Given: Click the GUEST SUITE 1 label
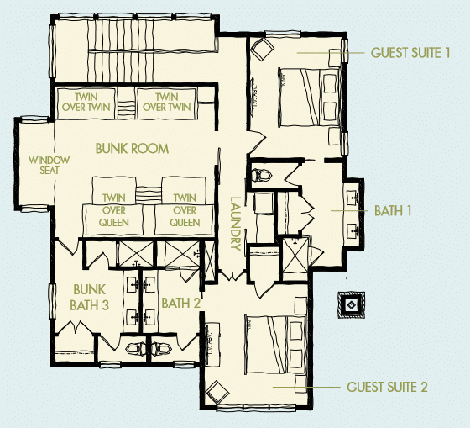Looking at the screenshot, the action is (x=410, y=53).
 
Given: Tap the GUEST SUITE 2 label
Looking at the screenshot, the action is (x=387, y=387).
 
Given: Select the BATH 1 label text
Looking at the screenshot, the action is (x=393, y=210).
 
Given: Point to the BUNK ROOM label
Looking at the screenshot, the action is (x=132, y=148).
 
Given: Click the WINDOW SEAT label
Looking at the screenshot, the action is (x=50, y=165).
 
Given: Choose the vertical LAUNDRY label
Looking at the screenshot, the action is (x=236, y=224).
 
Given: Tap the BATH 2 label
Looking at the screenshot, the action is (x=180, y=303).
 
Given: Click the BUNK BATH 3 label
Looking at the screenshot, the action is (x=89, y=298).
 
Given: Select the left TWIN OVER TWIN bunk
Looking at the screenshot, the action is (x=86, y=103).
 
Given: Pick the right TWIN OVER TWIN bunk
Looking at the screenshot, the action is (x=167, y=103).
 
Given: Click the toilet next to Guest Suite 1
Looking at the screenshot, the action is (x=261, y=175).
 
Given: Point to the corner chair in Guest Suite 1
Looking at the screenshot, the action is (x=262, y=49).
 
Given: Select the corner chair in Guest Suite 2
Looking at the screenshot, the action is (x=217, y=394).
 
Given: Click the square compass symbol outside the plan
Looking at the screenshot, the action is (x=351, y=305).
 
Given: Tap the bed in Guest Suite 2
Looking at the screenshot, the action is (x=275, y=345).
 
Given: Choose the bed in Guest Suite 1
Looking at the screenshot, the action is (x=310, y=97).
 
